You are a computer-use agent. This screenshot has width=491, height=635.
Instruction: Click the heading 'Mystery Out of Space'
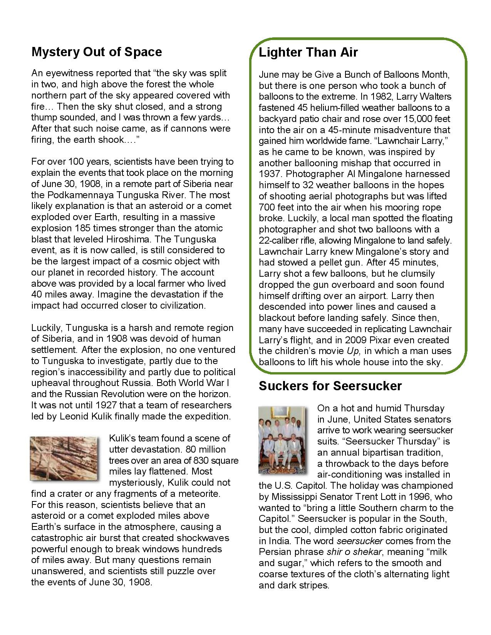click(96, 52)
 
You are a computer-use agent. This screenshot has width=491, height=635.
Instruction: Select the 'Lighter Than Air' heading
click(308, 52)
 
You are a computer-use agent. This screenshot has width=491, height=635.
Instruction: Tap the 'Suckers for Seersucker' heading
click(330, 386)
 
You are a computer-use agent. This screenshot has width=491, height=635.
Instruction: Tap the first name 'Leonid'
click(72, 416)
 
